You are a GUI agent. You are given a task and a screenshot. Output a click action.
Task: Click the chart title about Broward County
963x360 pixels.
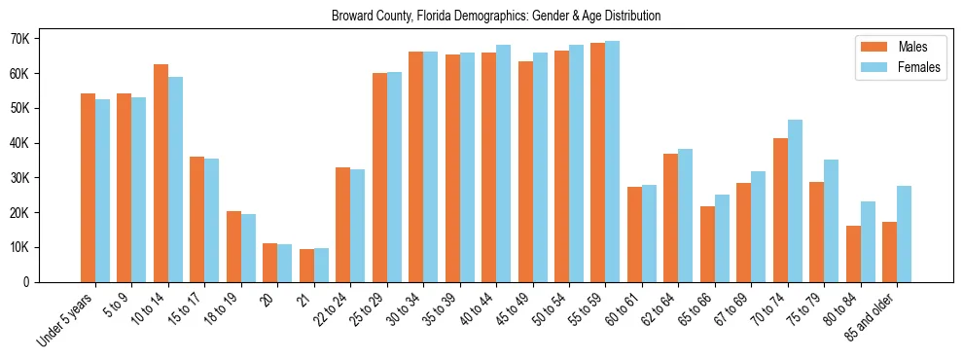coord(496,16)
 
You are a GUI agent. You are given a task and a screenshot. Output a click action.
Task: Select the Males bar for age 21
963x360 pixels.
coord(306,266)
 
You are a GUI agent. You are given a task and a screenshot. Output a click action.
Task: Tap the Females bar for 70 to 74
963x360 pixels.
coord(795,200)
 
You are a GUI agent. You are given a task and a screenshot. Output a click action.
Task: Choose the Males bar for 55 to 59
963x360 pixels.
coord(598,162)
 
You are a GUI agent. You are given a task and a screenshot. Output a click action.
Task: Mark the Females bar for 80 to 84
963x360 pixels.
coord(868,241)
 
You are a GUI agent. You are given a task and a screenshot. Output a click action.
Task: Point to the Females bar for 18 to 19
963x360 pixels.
coord(248,248)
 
